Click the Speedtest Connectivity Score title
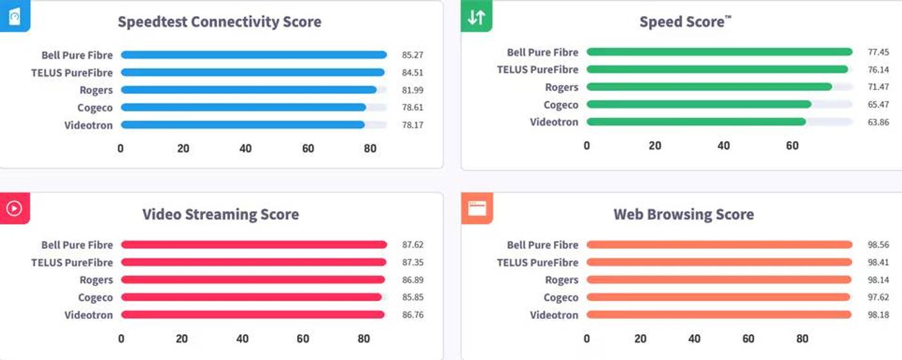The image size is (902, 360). tap(219, 22)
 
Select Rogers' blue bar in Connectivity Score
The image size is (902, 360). tap(249, 90)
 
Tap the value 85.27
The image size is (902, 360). tap(412, 55)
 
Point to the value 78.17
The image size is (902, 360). tap(412, 125)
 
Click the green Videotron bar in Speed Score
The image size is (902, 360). tap(696, 122)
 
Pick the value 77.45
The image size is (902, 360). tap(878, 52)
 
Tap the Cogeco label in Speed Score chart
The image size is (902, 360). tap(561, 105)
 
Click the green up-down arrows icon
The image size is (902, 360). tap(476, 17)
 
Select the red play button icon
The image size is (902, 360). tap(14, 208)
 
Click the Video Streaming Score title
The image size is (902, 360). tap(220, 214)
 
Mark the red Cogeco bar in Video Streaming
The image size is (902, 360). tap(251, 298)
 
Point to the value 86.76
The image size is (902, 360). tap(412, 315)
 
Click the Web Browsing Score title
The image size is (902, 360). tap(684, 214)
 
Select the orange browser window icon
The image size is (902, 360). tap(477, 208)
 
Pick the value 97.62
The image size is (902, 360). tap(878, 298)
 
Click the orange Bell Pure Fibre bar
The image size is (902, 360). tap(719, 245)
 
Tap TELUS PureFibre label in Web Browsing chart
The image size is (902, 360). tap(537, 263)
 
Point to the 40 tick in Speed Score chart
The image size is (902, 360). tap(724, 146)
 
